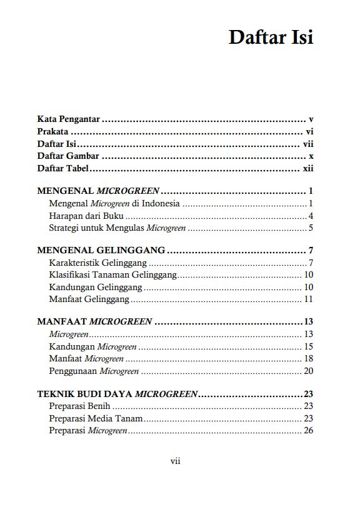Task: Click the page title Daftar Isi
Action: tap(271, 37)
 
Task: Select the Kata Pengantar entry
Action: tap(69, 119)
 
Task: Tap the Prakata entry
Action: tap(52, 132)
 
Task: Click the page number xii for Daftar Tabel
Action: tap(307, 169)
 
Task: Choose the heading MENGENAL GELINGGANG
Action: tap(101, 250)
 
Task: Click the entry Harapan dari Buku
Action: tap(81, 216)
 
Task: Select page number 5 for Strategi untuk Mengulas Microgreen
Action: tap(310, 228)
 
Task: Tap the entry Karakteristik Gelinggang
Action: tap(97, 262)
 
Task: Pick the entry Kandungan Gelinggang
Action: tap(95, 287)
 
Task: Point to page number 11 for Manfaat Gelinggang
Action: tap(308, 300)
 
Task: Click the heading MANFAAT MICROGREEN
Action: tap(94, 322)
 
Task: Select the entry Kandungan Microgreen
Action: tap(92, 346)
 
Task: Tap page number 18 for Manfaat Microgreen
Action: tap(308, 359)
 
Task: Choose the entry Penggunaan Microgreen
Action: tap(94, 371)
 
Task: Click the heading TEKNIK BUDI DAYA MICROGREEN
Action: tap(117, 394)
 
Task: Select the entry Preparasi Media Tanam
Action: tap(96, 418)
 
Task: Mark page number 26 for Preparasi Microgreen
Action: tap(308, 431)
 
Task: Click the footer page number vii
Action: tap(176, 461)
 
